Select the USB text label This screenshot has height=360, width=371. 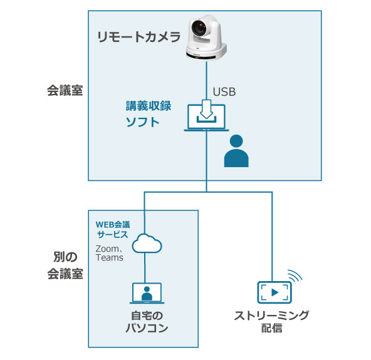click(x=224, y=93)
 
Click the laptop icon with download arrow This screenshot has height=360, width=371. click(x=206, y=117)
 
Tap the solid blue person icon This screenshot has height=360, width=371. click(x=236, y=150)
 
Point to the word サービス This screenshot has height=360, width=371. click(x=112, y=234)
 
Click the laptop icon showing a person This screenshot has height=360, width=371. click(x=147, y=293)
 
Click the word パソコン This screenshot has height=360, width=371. click(x=145, y=328)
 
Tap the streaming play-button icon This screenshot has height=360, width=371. click(x=274, y=291)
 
